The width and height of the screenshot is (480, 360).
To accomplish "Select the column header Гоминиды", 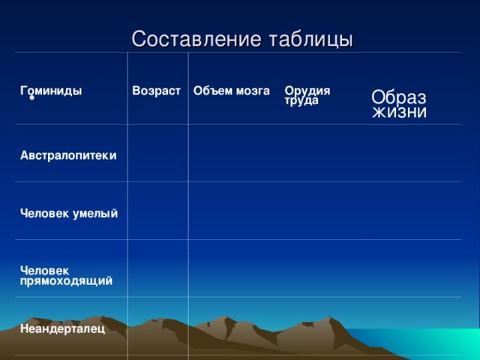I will [51, 91].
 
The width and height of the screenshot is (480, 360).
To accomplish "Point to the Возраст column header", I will [156, 91].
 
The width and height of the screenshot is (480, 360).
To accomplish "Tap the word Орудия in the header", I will [301, 91].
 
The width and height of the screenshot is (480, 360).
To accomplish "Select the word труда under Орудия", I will [301, 100].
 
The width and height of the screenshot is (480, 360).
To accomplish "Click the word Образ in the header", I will [399, 97].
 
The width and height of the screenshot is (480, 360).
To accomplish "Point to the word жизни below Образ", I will [400, 112].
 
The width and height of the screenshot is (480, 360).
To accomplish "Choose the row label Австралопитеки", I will [68, 155].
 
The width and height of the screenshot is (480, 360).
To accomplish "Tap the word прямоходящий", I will [67, 280].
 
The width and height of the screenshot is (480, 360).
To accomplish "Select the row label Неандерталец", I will [62, 328].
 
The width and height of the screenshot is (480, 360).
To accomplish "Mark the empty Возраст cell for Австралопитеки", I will [157, 153].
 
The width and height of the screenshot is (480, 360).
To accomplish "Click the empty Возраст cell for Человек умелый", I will [157, 211].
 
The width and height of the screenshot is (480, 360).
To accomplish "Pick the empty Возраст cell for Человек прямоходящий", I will [157, 268].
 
